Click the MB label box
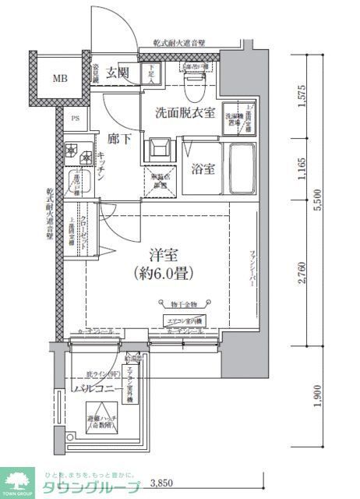click(60, 80)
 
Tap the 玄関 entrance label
click(117, 73)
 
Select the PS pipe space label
click(76, 119)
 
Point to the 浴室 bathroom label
click(201, 167)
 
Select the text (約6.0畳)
click(163, 274)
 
